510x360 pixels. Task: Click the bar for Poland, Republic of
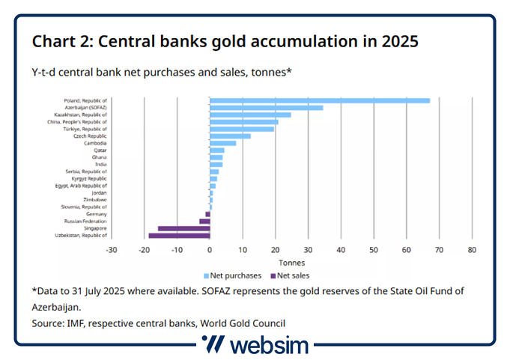tap(320, 100)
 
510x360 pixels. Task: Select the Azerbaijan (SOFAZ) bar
tap(266, 108)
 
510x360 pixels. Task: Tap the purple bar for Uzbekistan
tap(179, 236)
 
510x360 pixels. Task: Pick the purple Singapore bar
tap(183, 228)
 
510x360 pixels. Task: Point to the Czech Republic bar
tap(230, 136)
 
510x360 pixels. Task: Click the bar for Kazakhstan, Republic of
tap(250, 115)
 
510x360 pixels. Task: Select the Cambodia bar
tap(222, 143)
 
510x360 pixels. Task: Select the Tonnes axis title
tap(291, 262)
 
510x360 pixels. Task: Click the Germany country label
tap(96, 214)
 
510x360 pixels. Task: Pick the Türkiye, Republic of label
tap(86, 129)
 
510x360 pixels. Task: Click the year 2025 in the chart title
tap(397, 40)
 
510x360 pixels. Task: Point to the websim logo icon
tap(213, 345)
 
